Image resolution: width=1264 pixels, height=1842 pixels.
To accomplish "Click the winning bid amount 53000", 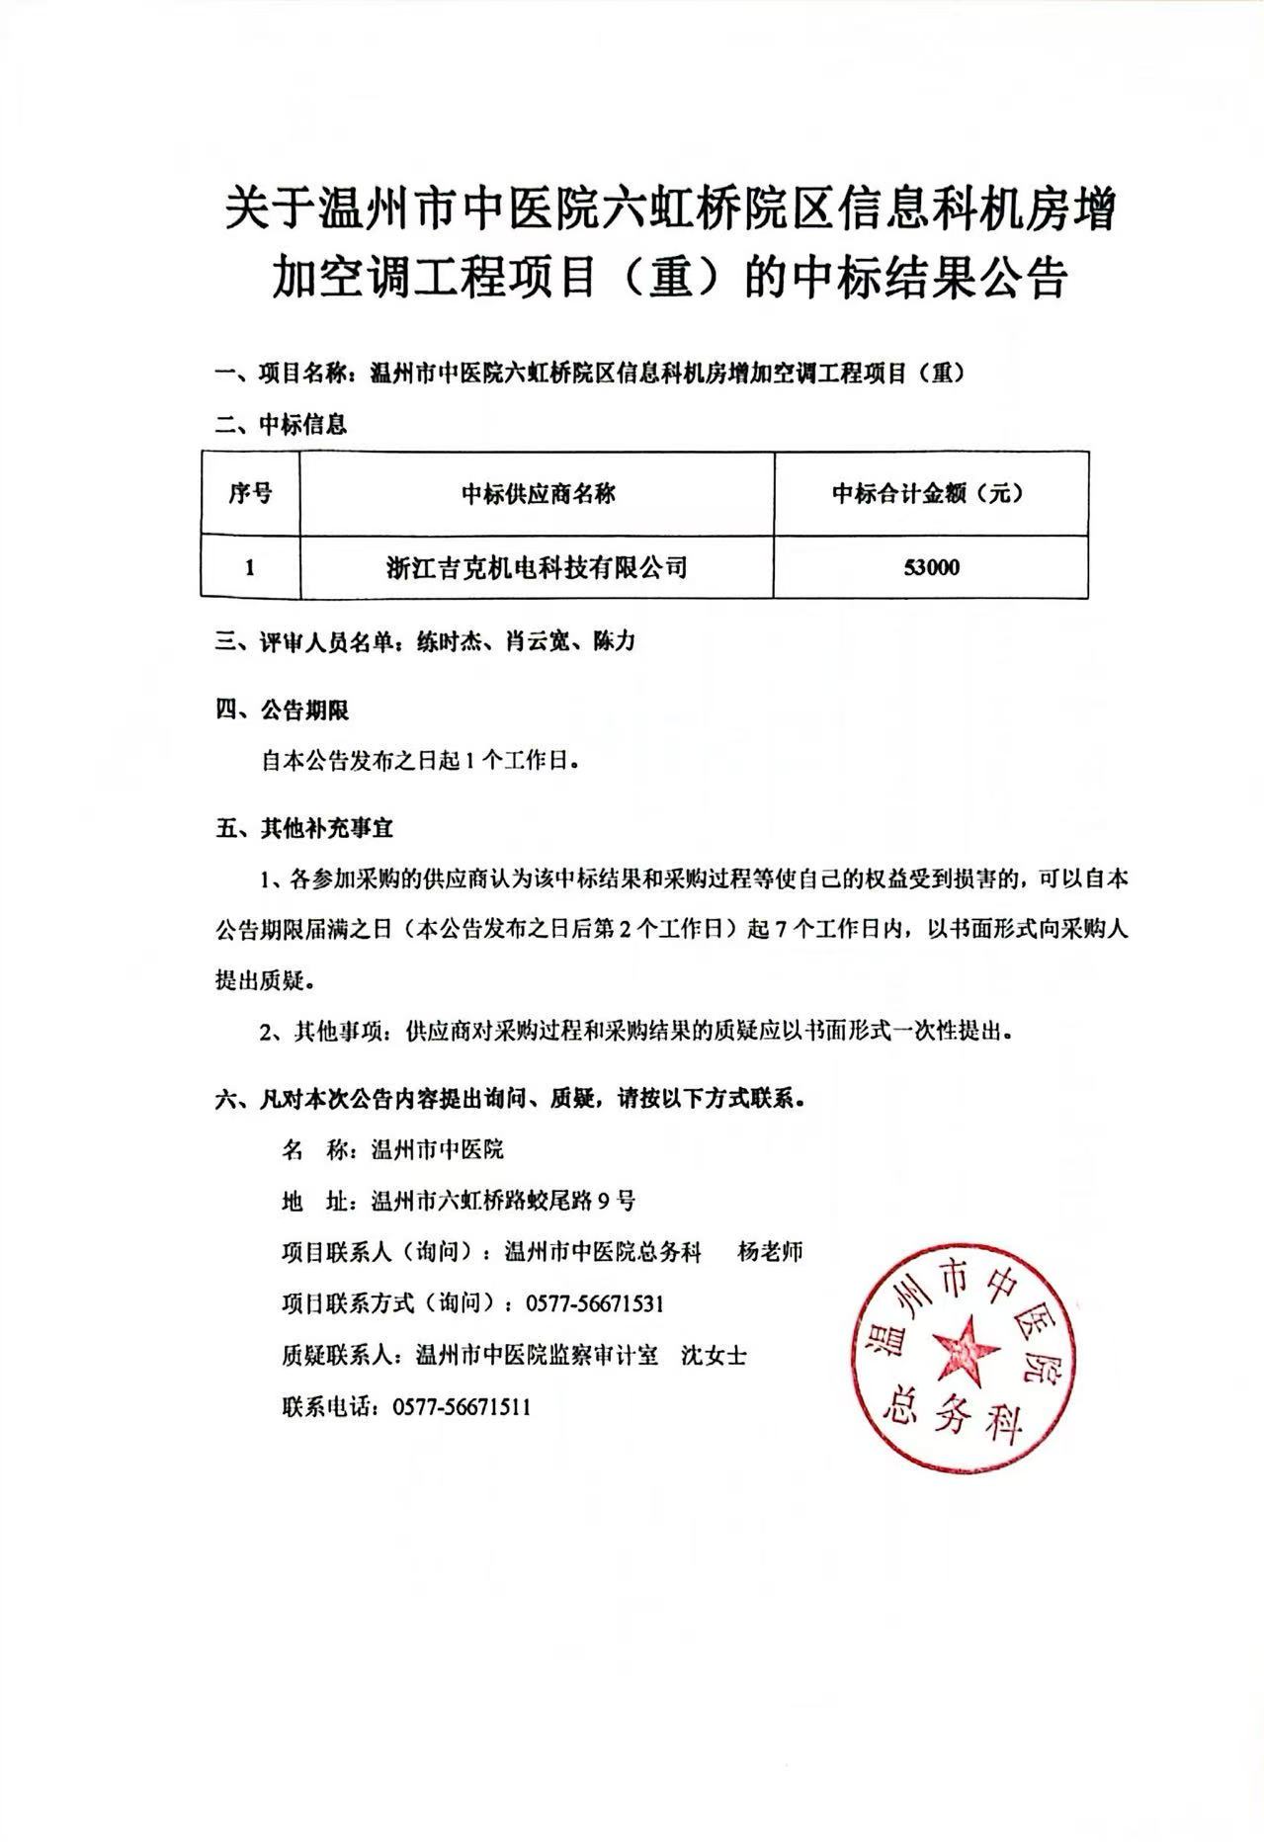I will coord(930,568).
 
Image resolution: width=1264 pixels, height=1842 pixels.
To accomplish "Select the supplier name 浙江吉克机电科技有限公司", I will coord(537,567).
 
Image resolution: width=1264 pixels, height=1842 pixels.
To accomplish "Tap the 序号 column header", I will coord(250,493).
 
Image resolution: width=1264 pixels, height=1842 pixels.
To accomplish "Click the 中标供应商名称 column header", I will coord(537,493).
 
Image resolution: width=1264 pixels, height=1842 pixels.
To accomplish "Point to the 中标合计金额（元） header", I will coord(930,493).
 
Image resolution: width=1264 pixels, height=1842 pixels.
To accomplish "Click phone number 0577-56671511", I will coord(462,1406).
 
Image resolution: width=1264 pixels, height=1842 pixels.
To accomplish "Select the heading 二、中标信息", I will coord(282,426).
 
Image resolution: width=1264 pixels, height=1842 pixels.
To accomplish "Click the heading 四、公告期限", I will coord(282,711).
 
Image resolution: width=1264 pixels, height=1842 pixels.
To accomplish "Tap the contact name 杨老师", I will coord(771,1252).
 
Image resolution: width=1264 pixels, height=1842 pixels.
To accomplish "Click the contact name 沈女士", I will coord(714,1355).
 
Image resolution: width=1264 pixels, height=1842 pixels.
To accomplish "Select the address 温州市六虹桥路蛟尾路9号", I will coord(503,1201).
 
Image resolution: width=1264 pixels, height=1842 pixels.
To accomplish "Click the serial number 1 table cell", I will coord(250,568).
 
